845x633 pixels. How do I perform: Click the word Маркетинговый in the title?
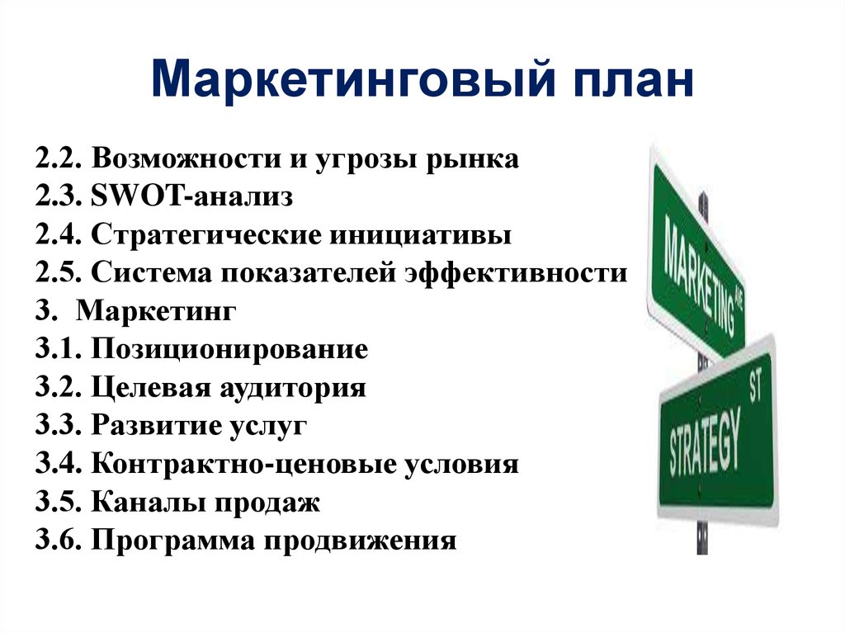point(353,80)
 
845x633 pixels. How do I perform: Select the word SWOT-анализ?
point(191,196)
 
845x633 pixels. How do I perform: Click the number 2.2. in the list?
point(59,158)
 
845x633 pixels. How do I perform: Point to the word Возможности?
point(186,158)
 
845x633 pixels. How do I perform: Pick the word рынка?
point(472,159)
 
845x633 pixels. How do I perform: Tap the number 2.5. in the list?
point(59,273)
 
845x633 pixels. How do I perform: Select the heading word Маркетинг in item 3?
point(156,311)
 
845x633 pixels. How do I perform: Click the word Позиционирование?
point(229,349)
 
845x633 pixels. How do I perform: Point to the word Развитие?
point(156,425)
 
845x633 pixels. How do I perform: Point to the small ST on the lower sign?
point(756,386)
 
